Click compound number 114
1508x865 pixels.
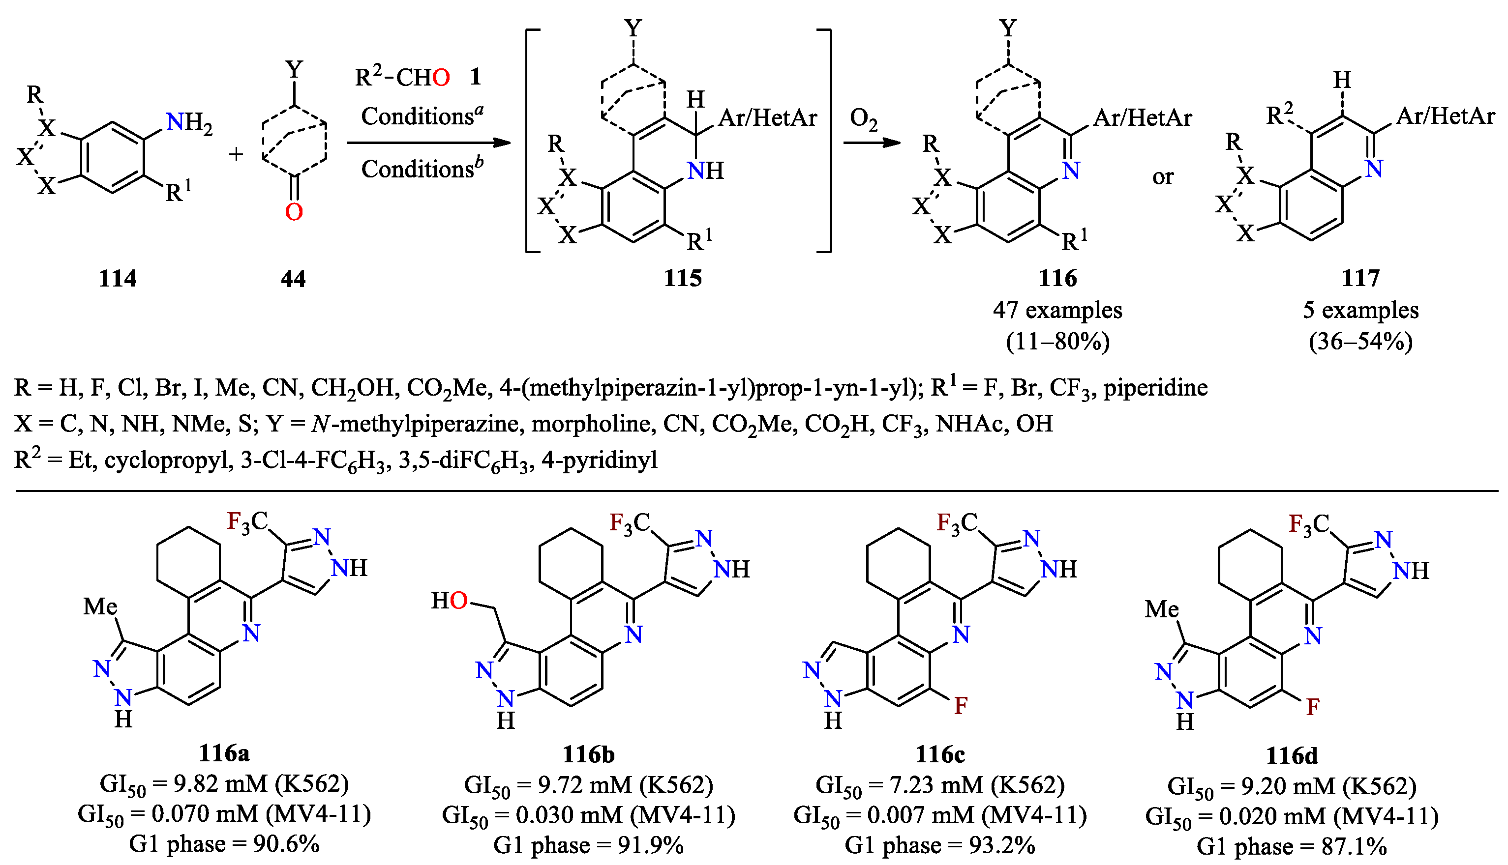click(x=117, y=278)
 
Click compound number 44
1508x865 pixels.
click(x=293, y=278)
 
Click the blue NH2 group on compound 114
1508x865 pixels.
click(x=188, y=123)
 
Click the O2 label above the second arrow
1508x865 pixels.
click(x=863, y=119)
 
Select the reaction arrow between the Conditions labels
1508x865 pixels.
click(x=428, y=143)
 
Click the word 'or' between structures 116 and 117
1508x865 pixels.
click(x=1163, y=176)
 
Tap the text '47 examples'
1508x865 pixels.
click(x=1057, y=310)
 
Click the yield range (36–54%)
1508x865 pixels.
click(x=1360, y=342)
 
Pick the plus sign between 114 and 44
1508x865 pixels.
click(x=236, y=154)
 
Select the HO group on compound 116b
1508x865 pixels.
click(x=450, y=601)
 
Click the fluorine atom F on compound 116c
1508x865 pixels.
click(x=961, y=706)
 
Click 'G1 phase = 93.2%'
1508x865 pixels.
click(x=940, y=845)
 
